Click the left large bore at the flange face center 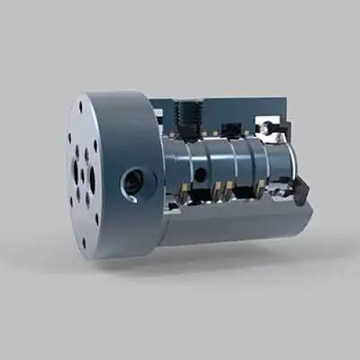tap(76, 171)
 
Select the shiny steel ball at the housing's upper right tap(266, 127)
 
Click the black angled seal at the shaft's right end tap(300, 192)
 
